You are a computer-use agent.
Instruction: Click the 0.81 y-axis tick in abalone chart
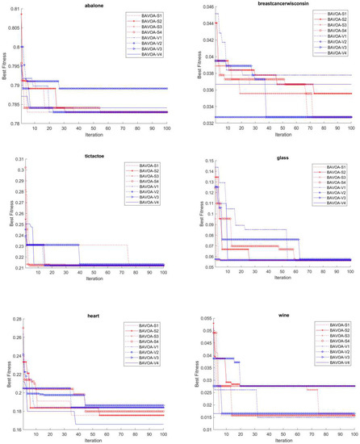14,9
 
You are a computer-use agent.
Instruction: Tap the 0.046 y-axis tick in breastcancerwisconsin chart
196,9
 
